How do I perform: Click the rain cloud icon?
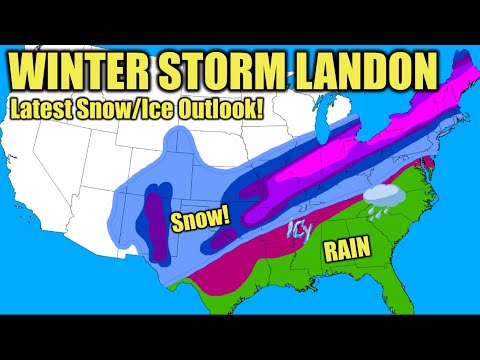point(381,198)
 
